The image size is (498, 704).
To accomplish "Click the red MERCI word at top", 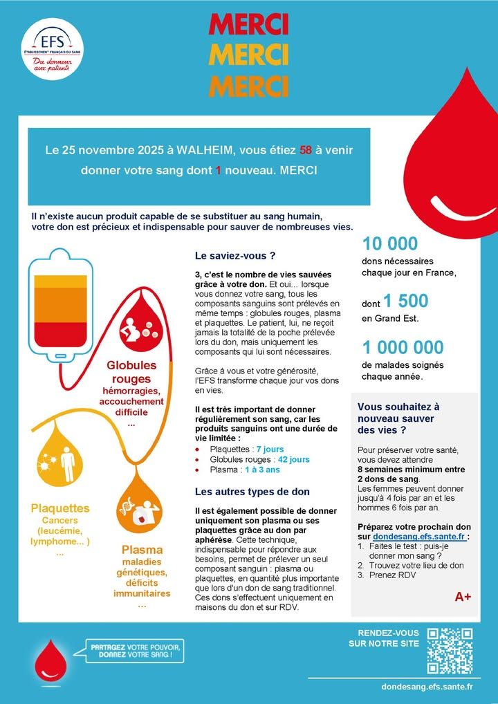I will click(x=248, y=25).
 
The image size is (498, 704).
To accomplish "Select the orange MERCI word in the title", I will click(x=248, y=86).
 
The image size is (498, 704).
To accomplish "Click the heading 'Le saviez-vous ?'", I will click(x=235, y=255).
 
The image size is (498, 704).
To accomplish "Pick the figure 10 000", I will click(x=390, y=243).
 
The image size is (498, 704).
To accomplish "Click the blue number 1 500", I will click(x=406, y=301).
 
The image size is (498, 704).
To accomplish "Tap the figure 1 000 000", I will click(x=403, y=347).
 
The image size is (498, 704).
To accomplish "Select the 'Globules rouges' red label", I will click(x=131, y=371).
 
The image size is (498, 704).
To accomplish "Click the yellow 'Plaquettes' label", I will click(x=60, y=508).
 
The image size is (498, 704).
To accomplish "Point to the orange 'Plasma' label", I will click(x=142, y=550).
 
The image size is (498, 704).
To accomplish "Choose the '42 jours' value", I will click(x=293, y=459).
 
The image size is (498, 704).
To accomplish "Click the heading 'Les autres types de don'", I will click(x=252, y=492).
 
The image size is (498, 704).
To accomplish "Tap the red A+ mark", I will click(x=463, y=596).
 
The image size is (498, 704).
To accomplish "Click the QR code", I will click(x=450, y=651).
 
